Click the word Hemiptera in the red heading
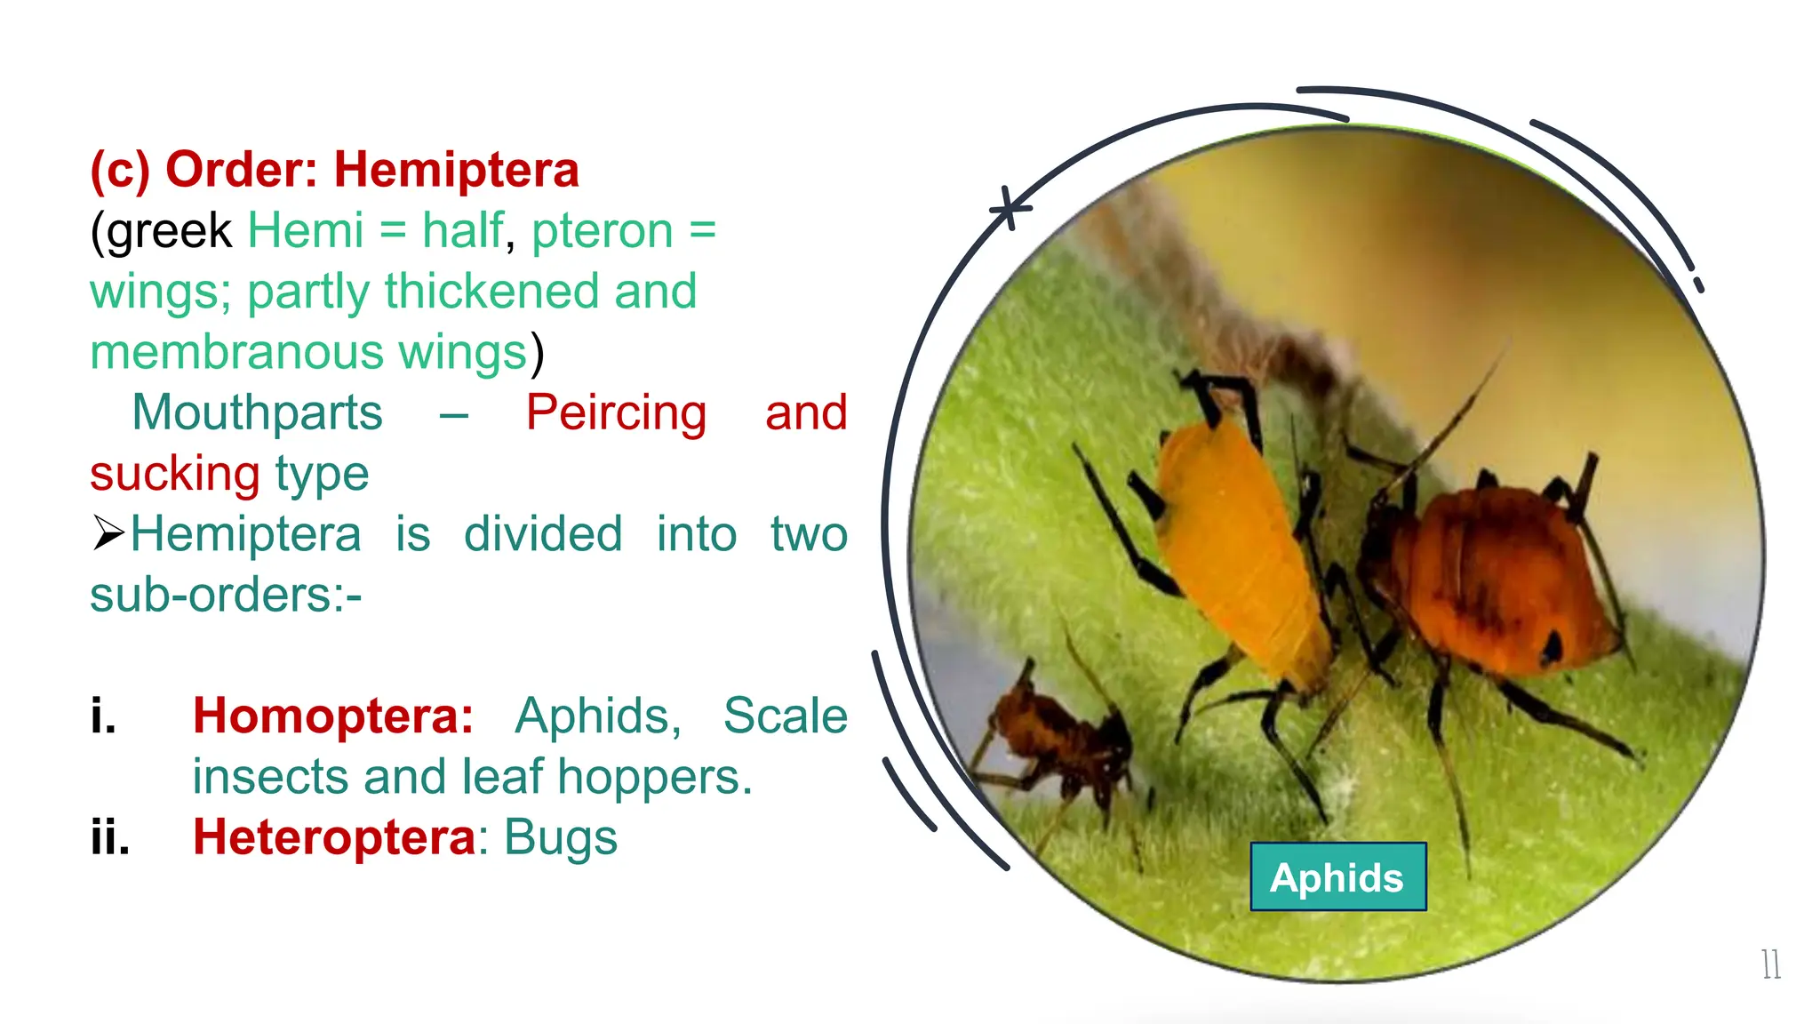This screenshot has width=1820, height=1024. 456,170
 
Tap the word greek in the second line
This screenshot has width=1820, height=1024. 169,231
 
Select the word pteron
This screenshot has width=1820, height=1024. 602,231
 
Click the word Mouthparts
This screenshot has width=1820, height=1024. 257,412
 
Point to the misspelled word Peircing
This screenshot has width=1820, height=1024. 616,412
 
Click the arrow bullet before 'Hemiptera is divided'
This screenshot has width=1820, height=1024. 108,533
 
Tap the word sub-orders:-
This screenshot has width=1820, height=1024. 226,595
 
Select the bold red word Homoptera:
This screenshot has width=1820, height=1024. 333,716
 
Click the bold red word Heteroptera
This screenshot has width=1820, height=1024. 335,837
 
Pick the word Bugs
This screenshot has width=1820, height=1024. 561,837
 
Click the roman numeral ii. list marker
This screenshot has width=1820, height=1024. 110,837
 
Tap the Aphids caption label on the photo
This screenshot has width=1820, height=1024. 1337,877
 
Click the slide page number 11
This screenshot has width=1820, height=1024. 1770,964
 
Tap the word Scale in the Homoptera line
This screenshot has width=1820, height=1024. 786,716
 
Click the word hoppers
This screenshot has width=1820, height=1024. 655,777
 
